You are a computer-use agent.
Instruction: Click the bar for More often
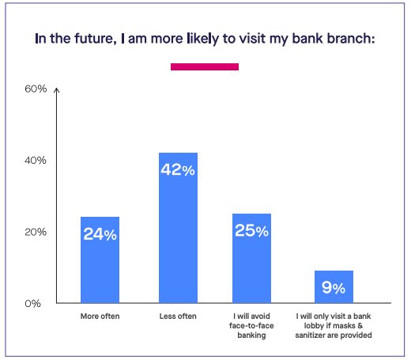[x=100, y=260]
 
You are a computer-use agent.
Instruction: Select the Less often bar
[x=178, y=228]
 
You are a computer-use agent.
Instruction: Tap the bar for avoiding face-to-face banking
[x=251, y=258]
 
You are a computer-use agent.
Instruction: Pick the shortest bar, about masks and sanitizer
[x=334, y=286]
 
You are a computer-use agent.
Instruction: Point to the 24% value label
[x=100, y=234]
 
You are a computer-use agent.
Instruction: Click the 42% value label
[x=178, y=169]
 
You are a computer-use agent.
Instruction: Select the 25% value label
[x=251, y=230]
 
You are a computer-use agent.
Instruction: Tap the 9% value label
[x=334, y=287]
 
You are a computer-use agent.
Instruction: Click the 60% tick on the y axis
[x=36, y=89]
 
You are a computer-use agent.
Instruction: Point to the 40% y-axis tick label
[x=36, y=161]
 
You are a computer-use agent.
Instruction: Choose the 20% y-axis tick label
[x=36, y=232]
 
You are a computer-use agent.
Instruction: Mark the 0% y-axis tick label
[x=33, y=304]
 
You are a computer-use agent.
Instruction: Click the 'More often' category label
[x=100, y=316]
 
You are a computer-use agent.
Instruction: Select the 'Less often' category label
[x=178, y=316]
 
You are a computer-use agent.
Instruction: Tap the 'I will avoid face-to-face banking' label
[x=251, y=326]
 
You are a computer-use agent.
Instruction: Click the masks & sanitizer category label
[x=334, y=326]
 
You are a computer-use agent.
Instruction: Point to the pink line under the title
[x=205, y=66]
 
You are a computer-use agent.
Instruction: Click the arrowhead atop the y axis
[x=57, y=90]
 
